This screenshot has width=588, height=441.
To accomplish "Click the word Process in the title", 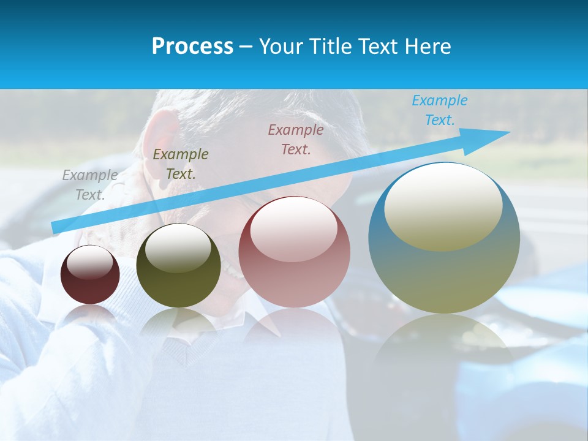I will tap(192, 47).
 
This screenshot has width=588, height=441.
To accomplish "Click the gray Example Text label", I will tap(90, 185).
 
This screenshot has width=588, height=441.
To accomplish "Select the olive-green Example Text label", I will tap(181, 164).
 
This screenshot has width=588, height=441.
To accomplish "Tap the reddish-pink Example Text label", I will tap(296, 139).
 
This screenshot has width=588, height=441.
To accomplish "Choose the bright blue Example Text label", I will tap(440, 110).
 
